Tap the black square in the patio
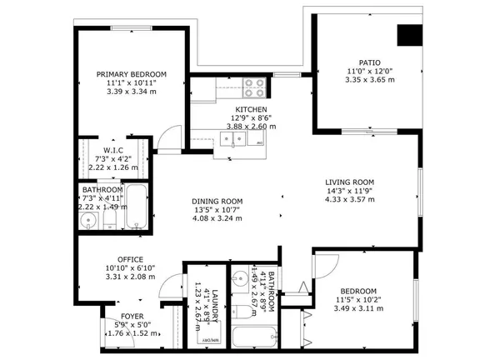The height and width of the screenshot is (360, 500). click(408, 36)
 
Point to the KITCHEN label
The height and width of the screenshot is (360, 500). click(251, 110)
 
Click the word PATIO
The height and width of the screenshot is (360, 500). click(369, 62)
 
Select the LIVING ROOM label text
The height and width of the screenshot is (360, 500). click(349, 182)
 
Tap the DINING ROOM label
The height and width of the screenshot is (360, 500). click(217, 201)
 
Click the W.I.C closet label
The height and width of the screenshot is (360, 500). click(114, 150)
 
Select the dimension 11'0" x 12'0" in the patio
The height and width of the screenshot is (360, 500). click(369, 72)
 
